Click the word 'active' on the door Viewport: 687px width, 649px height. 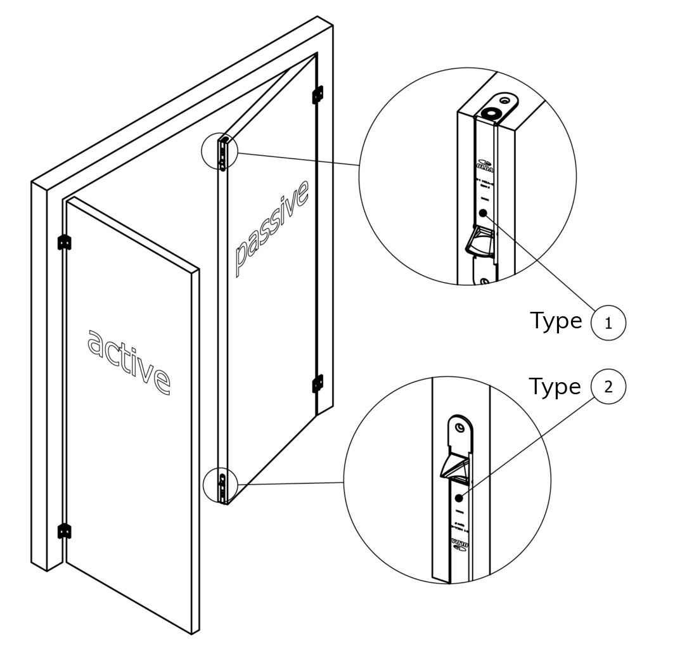point(129,360)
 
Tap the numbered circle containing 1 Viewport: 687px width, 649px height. point(608,323)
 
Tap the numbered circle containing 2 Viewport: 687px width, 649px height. point(608,387)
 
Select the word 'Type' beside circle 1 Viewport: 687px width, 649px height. point(555,321)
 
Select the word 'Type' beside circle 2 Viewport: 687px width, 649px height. point(555,385)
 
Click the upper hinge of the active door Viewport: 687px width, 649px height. point(63,242)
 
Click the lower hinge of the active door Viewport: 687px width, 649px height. point(63,530)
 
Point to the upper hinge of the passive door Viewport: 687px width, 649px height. point(318,94)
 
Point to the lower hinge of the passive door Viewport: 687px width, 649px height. point(318,384)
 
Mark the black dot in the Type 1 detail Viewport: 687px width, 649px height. point(484,214)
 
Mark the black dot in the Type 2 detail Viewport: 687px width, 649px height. point(459,499)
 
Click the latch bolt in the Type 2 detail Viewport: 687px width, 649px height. point(455,466)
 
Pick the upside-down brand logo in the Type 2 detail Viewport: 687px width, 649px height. point(459,543)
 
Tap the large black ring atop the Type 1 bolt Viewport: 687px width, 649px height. point(490,113)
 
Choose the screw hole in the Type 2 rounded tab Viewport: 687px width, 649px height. point(459,428)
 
